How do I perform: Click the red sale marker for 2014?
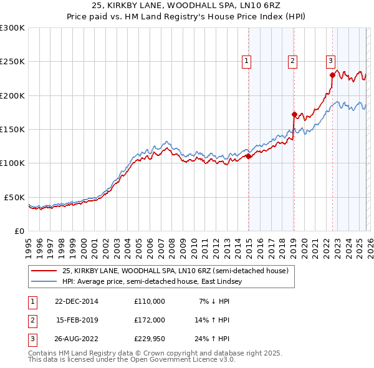click(249, 157)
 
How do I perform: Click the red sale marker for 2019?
click(294, 114)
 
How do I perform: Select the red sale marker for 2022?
click(333, 75)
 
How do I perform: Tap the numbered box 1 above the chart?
click(247, 61)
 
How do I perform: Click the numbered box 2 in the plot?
click(292, 61)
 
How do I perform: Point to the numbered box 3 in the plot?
click(330, 61)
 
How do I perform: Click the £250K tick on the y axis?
click(12, 62)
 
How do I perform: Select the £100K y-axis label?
click(12, 163)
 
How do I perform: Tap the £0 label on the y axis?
click(19, 231)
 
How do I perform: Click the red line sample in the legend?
click(44, 271)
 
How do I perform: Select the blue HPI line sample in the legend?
click(44, 282)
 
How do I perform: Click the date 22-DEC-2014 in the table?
click(77, 301)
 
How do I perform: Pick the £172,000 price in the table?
click(150, 320)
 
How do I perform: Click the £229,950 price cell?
click(150, 339)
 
